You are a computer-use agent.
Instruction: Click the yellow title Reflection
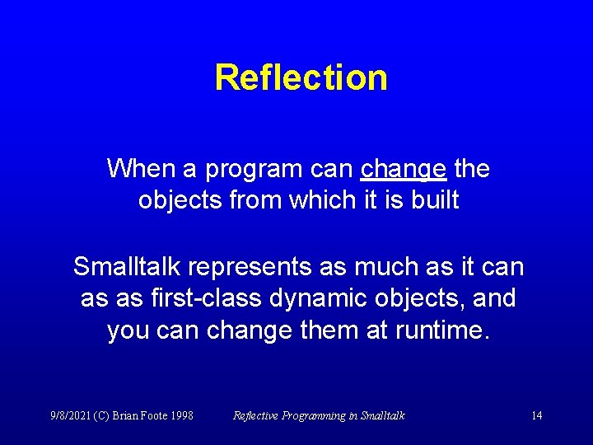click(x=301, y=78)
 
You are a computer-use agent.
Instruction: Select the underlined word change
click(x=404, y=169)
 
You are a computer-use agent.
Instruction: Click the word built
click(x=435, y=200)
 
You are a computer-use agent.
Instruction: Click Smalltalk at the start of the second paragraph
click(x=128, y=266)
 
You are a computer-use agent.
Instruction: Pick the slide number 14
click(x=536, y=415)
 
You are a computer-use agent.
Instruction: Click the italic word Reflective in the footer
click(x=257, y=415)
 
